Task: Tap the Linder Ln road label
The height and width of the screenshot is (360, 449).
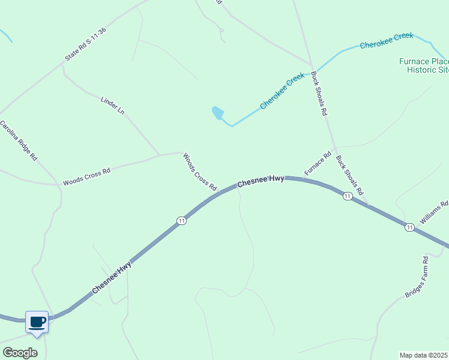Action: click(112, 104)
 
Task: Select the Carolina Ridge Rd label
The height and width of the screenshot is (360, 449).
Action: click(19, 141)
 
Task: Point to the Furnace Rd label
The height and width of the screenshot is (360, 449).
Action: click(318, 164)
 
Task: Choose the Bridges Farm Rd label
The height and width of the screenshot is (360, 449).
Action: click(417, 278)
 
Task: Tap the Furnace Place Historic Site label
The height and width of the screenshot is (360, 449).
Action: click(424, 65)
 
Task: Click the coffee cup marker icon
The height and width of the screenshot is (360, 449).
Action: click(37, 322)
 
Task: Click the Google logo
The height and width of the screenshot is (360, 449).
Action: click(20, 353)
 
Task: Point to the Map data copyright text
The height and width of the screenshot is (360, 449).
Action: click(424, 355)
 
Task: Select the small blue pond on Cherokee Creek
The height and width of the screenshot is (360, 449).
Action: click(218, 113)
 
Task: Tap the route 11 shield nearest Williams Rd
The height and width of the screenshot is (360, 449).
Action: click(409, 227)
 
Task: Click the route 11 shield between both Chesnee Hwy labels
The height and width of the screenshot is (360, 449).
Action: click(181, 221)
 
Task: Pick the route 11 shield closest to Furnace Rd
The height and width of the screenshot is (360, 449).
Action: click(347, 196)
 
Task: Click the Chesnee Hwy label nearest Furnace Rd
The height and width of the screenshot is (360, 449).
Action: click(261, 181)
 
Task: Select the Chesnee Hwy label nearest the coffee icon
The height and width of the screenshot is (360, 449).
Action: click(112, 280)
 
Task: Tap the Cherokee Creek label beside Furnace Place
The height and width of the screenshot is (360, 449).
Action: click(387, 41)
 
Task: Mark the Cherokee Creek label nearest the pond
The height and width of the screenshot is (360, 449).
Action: click(282, 92)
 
